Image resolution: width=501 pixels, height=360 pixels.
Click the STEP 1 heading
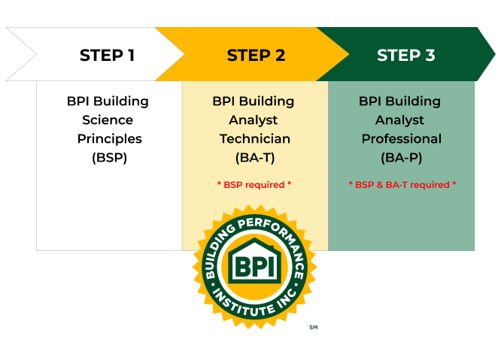pyautogui.click(x=107, y=55)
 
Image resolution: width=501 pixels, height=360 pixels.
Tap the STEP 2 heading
pyautogui.click(x=256, y=55)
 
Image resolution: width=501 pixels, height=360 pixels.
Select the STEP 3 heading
pyautogui.click(x=405, y=55)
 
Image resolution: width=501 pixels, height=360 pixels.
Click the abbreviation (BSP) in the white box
pyautogui.click(x=109, y=158)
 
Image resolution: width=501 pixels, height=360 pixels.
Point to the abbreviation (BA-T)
pyautogui.click(x=255, y=158)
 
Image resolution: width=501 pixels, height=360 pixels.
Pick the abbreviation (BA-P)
pyautogui.click(x=401, y=158)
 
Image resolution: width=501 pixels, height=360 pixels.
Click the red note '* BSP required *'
pyautogui.click(x=254, y=184)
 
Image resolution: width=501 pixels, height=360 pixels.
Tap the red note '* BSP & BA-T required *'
pyautogui.click(x=402, y=184)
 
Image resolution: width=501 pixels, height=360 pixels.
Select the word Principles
pyautogui.click(x=109, y=139)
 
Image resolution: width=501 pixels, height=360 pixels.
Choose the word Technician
pyautogui.click(x=255, y=139)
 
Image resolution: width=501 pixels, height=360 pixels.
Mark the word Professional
pyautogui.click(x=401, y=139)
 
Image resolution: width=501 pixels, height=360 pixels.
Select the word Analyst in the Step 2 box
pyautogui.click(x=255, y=120)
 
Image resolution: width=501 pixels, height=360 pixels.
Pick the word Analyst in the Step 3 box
pyautogui.click(x=401, y=120)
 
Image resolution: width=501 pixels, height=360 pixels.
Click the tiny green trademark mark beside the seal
pyautogui.click(x=313, y=327)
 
